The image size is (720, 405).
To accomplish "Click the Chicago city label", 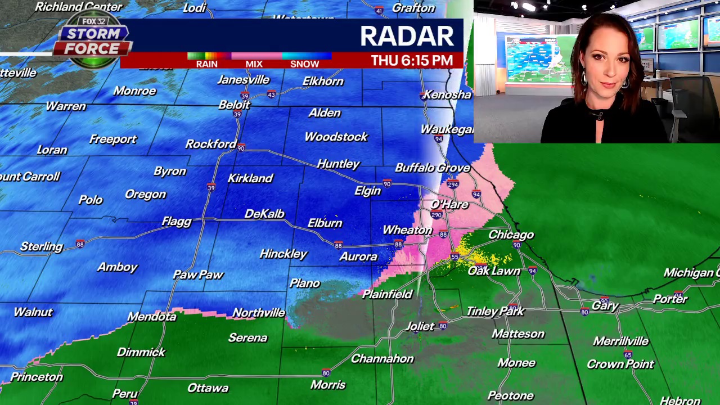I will [511, 235].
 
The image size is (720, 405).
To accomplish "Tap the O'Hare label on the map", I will [449, 204].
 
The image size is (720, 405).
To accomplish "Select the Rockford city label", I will [211, 144].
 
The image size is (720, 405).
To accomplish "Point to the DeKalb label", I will [264, 214].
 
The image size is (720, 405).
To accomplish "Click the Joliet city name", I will [420, 326].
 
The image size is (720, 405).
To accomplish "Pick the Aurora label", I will [358, 256].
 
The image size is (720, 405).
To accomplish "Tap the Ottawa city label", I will [208, 388].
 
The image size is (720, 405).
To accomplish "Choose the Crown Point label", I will [620, 364].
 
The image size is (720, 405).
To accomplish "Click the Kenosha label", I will [447, 94].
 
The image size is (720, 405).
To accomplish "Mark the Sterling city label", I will [41, 246].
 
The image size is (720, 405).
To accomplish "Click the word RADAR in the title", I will [407, 36].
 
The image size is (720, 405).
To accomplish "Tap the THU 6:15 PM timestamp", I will [412, 61].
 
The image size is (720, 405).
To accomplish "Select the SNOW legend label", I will [304, 64].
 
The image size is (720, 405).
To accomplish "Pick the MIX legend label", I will [254, 64].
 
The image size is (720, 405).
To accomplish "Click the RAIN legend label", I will [206, 64].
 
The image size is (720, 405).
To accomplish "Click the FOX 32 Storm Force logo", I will [93, 38].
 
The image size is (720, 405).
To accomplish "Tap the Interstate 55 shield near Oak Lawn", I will [454, 256].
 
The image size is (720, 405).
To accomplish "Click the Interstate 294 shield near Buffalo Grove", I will [453, 184].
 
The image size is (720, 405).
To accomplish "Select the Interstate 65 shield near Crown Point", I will [628, 354].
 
